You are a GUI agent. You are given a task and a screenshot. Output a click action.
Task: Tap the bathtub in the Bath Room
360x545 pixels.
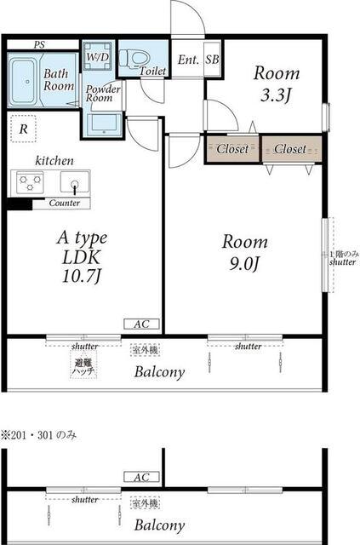23,82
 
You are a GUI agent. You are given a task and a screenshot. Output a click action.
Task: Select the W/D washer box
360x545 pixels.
98,56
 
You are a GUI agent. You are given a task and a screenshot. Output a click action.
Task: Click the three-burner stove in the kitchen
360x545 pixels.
31,182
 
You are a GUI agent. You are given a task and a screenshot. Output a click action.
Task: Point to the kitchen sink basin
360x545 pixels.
75,181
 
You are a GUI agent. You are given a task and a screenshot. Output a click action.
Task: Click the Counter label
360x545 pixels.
65,203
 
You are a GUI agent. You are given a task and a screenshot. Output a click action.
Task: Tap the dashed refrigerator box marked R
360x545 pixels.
23,129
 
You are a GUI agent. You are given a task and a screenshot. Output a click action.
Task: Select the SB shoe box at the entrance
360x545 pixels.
212,60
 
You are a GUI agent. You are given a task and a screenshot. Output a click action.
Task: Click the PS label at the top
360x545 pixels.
39,45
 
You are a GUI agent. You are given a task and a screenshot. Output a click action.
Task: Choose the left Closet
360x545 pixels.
232,149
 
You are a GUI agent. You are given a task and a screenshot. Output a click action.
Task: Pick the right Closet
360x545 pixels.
291,149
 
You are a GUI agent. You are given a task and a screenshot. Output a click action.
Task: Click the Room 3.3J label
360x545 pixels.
276,84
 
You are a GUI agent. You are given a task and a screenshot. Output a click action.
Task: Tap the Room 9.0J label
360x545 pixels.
244,253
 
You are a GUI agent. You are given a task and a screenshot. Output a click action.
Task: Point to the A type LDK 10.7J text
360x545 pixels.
82,256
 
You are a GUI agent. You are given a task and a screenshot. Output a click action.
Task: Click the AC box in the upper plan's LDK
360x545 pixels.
142,324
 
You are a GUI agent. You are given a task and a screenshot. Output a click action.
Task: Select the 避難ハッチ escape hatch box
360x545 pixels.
83,365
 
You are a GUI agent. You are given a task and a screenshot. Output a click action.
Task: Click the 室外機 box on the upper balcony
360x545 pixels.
146,350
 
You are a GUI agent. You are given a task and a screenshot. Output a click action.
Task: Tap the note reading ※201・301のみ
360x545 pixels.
38,435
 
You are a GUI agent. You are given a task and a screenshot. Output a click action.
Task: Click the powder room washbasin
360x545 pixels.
104,123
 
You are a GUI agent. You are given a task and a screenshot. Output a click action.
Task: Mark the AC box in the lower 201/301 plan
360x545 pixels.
142,477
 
